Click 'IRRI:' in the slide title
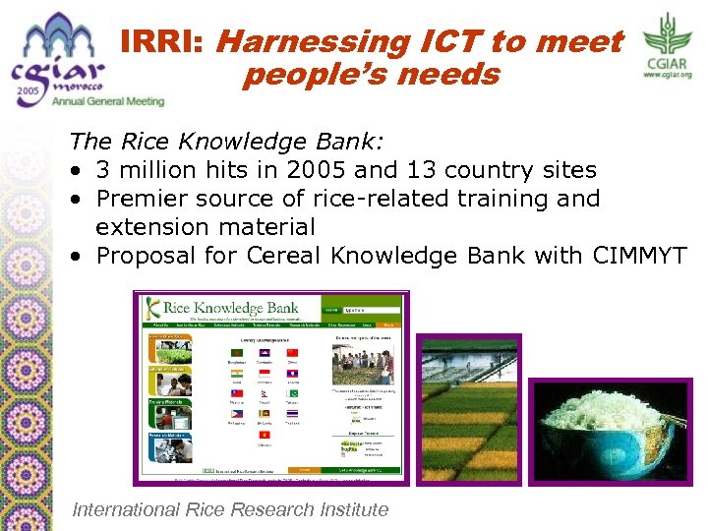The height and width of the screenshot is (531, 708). pyautogui.click(x=162, y=42)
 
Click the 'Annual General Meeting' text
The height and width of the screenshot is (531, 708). pyautogui.click(x=108, y=100)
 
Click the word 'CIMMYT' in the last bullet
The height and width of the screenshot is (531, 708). pyautogui.click(x=640, y=256)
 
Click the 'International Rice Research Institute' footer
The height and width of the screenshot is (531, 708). pyautogui.click(x=231, y=509)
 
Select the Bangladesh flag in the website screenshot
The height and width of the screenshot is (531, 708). pyautogui.click(x=235, y=352)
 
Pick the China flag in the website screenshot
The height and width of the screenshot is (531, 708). pyautogui.click(x=292, y=352)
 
